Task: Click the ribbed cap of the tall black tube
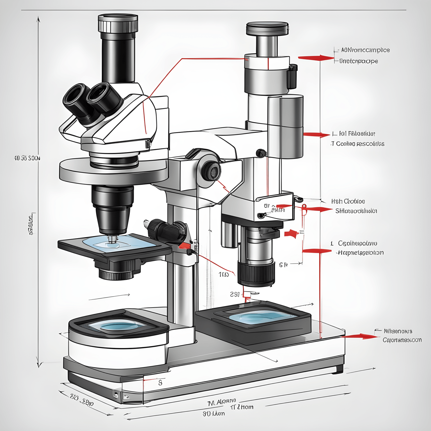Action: pos(118,24)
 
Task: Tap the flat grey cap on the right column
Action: pos(267,28)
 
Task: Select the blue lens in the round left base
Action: pos(118,325)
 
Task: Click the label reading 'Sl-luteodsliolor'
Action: pos(356,211)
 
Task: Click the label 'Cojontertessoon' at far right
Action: pos(402,340)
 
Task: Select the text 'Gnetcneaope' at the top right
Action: pos(359,61)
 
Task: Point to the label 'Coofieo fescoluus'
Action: pos(357,144)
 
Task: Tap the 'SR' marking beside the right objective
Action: pos(283,265)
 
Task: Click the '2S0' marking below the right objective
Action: pos(235,294)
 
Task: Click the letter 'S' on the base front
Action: pos(160,383)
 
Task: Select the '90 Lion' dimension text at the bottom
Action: pos(214,414)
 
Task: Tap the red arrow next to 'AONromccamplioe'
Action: pos(316,58)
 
